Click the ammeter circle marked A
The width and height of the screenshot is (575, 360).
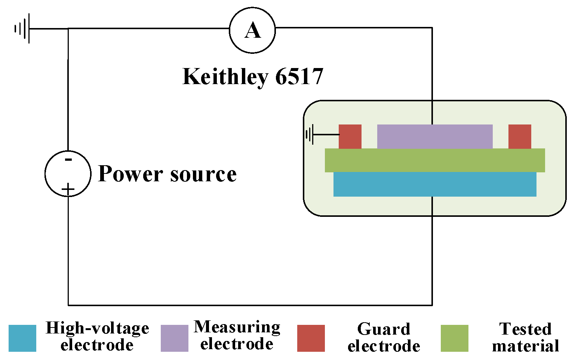(x=252, y=30)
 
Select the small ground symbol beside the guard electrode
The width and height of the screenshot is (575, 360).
(x=310, y=135)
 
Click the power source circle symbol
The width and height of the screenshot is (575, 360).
(x=68, y=174)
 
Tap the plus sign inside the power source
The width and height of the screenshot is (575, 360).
(x=68, y=190)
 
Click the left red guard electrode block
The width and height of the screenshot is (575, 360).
(x=350, y=136)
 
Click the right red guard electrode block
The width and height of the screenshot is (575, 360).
(x=520, y=136)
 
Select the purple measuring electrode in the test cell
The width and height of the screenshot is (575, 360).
(x=435, y=136)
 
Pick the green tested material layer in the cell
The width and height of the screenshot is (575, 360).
(x=435, y=160)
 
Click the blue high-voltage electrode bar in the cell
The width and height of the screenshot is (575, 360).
(x=435, y=184)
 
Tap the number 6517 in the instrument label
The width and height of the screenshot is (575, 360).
(x=299, y=77)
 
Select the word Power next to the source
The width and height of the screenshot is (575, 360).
(x=130, y=174)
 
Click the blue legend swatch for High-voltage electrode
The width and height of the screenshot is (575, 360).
(x=22, y=338)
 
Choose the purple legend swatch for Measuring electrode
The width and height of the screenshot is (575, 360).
(x=175, y=338)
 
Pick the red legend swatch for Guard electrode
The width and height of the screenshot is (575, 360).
(x=311, y=338)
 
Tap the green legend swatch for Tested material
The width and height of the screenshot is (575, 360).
(x=455, y=338)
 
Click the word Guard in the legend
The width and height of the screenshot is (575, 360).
(x=384, y=329)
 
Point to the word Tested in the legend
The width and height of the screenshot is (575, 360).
(x=525, y=329)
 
